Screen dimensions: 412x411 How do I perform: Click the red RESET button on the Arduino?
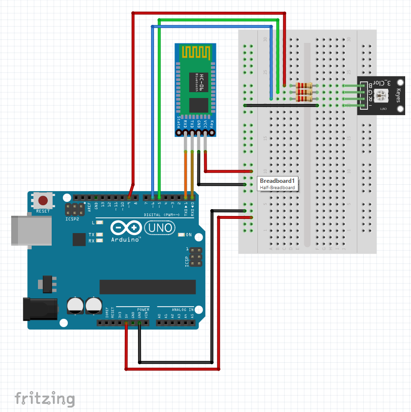pyautogui.click(x=43, y=200)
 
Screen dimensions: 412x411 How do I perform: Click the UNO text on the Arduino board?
pyautogui.click(x=160, y=228)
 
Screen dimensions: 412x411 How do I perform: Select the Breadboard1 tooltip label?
pyautogui.click(x=277, y=183)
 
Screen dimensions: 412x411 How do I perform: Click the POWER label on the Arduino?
pyautogui.click(x=143, y=309)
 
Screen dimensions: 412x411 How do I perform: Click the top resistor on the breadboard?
pyautogui.click(x=304, y=86)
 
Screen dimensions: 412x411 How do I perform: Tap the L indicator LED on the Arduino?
pyautogui.click(x=99, y=222)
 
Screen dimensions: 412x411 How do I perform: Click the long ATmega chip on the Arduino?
pyautogui.click(x=147, y=287)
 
